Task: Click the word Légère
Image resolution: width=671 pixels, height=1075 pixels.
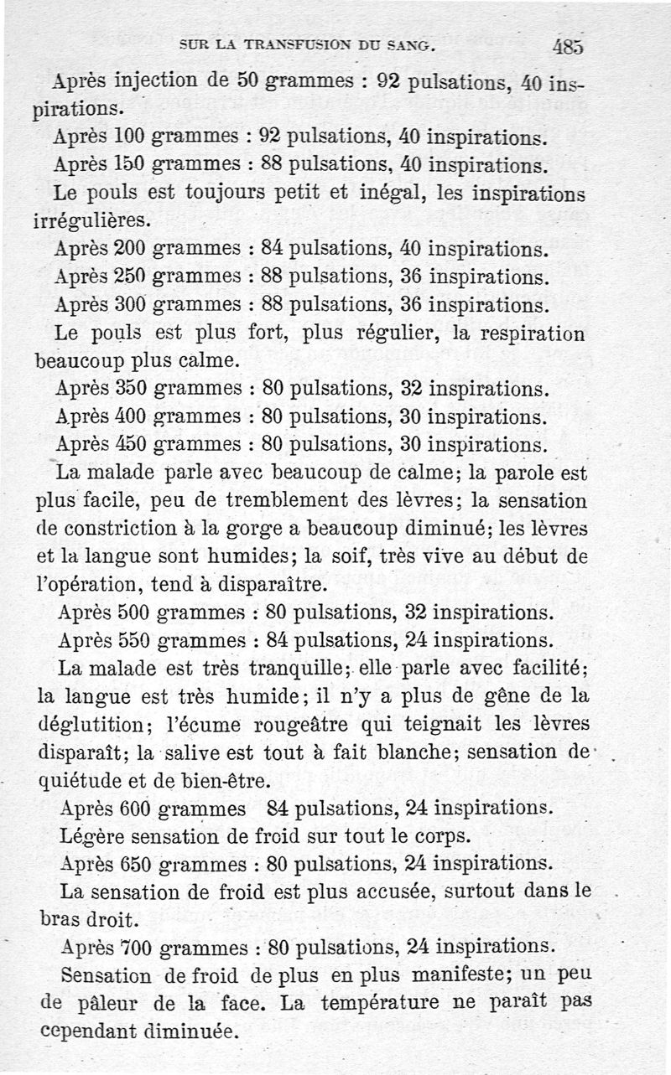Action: pos(90,836)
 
